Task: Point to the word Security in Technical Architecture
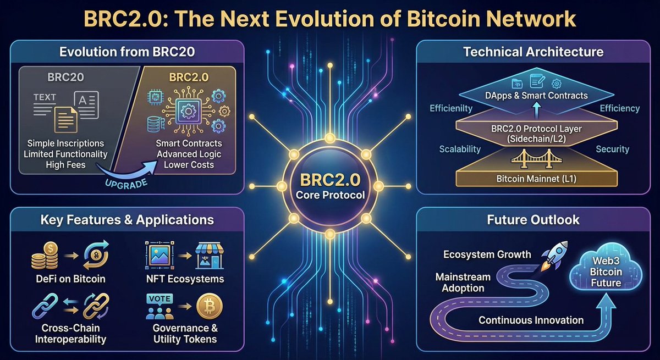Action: (x=612, y=149)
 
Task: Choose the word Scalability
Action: (x=460, y=149)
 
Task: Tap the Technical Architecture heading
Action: (x=533, y=52)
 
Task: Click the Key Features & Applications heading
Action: (x=127, y=220)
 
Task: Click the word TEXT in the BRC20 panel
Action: (x=45, y=97)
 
